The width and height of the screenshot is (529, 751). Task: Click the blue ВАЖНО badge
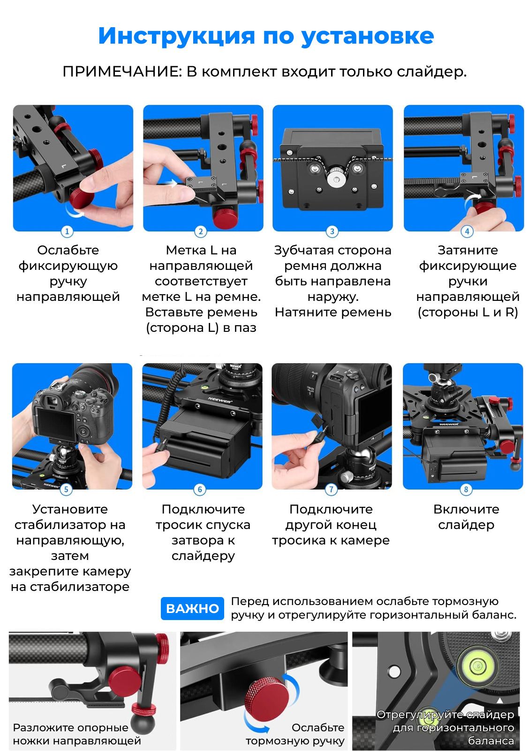pyautogui.click(x=192, y=608)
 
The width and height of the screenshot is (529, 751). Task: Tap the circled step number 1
pyautogui.click(x=67, y=231)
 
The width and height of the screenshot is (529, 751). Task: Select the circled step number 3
pyautogui.click(x=332, y=231)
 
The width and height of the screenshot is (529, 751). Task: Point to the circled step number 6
pyautogui.click(x=200, y=490)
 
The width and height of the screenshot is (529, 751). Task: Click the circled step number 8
pyautogui.click(x=466, y=490)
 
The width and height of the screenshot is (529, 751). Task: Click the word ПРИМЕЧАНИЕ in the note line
pyautogui.click(x=122, y=72)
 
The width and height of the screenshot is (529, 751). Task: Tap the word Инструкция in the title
pyautogui.click(x=176, y=36)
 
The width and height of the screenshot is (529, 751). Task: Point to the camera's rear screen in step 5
pyautogui.click(x=56, y=425)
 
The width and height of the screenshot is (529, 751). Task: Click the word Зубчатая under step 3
pyautogui.click(x=304, y=251)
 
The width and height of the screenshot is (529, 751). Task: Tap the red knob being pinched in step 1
pyautogui.click(x=82, y=199)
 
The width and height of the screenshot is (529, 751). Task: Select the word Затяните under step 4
pyautogui.click(x=468, y=251)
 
